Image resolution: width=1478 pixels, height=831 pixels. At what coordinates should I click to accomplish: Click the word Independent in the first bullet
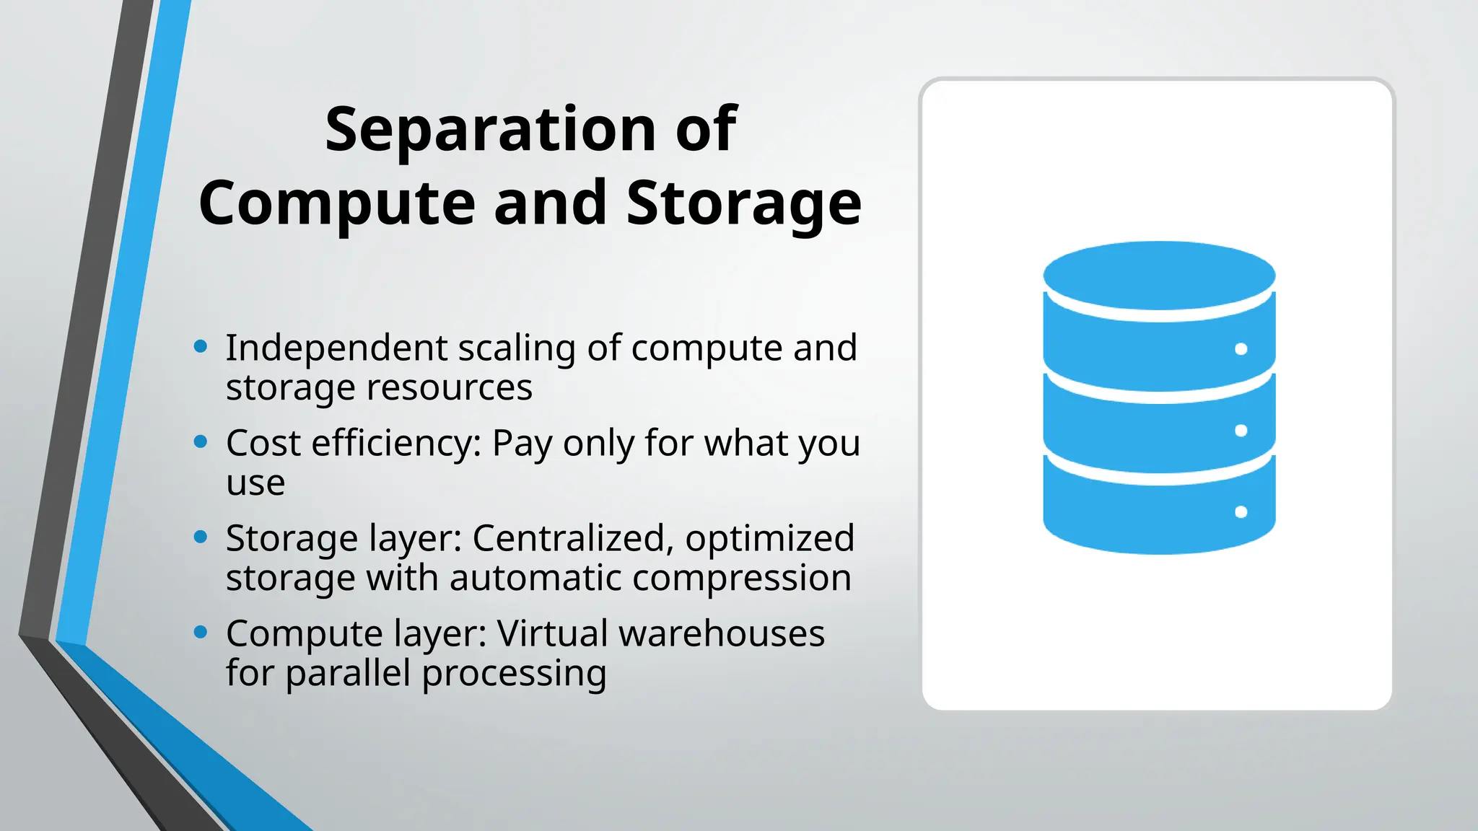336,348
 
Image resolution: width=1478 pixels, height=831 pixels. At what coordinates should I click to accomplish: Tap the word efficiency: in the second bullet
396,444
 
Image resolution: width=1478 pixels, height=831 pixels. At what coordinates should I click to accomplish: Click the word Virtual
552,634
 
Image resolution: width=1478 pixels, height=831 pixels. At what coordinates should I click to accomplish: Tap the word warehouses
722,634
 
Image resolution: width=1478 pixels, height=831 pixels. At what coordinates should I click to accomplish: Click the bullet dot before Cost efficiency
201,441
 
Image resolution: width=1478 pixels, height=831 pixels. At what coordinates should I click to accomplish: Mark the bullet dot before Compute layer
201,632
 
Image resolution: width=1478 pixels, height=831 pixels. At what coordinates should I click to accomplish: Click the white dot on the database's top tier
1241,349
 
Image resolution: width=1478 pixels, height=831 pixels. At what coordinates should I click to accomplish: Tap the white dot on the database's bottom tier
1241,512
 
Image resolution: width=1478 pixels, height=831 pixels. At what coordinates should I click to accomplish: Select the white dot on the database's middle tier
1241,431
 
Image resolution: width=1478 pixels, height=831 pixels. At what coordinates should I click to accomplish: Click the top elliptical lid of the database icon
1159,275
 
